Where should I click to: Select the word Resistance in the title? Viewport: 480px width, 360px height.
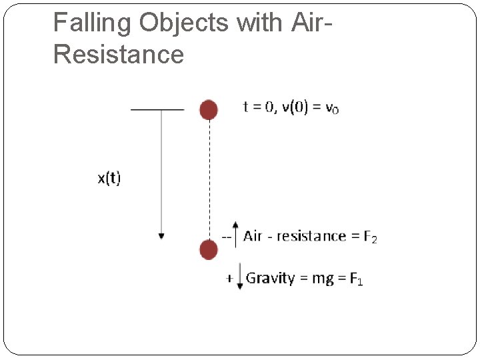(118, 54)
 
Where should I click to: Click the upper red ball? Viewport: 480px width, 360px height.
(209, 109)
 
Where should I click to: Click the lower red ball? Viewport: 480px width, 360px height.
(209, 250)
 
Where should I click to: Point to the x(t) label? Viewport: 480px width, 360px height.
(110, 178)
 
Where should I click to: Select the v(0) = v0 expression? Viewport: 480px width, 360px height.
(310, 107)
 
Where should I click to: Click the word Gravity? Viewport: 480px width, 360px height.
(270, 279)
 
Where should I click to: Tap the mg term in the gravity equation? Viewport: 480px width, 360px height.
(323, 279)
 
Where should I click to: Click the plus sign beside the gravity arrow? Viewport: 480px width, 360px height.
(229, 279)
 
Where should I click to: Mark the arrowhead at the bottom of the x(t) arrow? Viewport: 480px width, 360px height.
(161, 236)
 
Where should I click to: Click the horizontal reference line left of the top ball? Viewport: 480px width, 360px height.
(157, 109)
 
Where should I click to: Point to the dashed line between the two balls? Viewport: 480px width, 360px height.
(209, 180)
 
